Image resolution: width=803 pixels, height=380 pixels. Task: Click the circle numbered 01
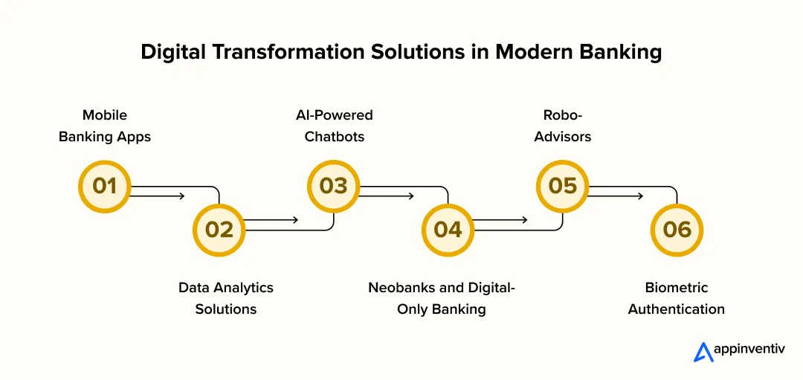coord(104,185)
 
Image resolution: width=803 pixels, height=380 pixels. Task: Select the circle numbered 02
coord(219,229)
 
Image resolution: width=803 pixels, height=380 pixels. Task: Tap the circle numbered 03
coord(333,185)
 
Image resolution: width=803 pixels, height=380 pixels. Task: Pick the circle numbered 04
coord(448,229)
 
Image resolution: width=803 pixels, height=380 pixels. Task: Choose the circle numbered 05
coord(562,185)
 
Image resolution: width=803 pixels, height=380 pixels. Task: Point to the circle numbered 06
coord(677,229)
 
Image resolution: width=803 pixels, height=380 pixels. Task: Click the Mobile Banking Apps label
coord(105,126)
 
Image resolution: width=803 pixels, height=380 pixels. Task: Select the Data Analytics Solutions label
coord(226,298)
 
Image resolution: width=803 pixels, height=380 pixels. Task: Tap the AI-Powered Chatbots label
coord(334,126)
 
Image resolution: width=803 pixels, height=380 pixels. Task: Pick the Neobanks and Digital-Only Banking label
coord(442,298)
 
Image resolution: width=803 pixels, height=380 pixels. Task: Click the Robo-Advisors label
coord(562,126)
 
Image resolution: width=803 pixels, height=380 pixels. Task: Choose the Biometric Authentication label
coord(677,298)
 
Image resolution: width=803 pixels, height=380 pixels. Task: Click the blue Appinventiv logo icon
coord(703,352)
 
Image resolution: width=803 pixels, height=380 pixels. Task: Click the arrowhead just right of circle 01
coord(181,196)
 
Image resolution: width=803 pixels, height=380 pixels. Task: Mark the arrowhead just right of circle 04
coord(524,220)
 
